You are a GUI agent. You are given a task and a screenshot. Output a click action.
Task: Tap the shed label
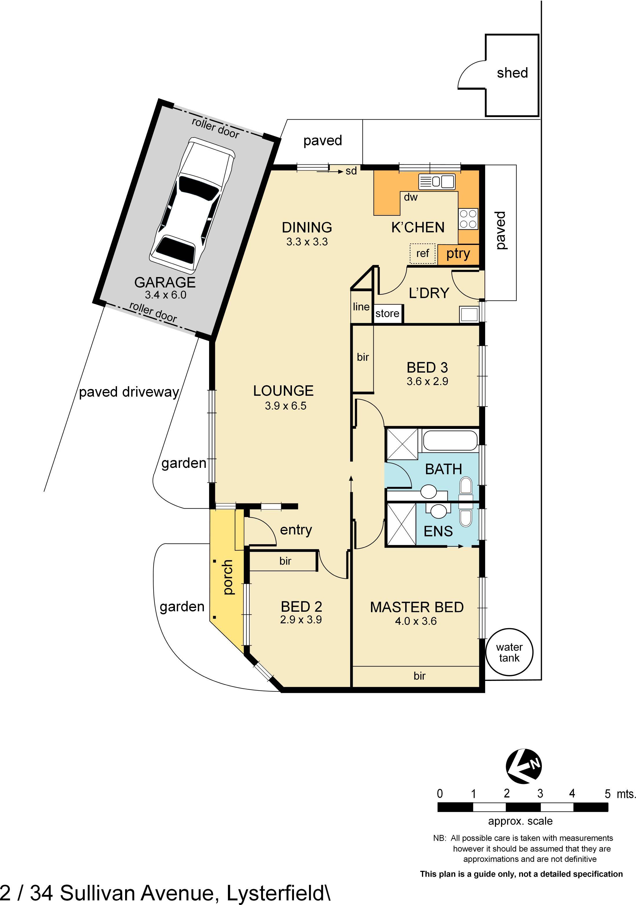[x=512, y=73]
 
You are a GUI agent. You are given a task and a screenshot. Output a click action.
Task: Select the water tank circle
[x=509, y=652]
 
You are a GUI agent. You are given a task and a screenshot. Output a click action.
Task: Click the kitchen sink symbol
[x=436, y=182]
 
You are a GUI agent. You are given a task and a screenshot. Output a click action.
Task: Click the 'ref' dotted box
[x=422, y=253]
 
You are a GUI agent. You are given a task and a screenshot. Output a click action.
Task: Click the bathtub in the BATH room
[x=450, y=440]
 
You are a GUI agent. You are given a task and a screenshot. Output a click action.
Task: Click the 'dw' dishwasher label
[x=410, y=197]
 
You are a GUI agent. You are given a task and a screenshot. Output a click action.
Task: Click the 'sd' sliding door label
[x=351, y=171]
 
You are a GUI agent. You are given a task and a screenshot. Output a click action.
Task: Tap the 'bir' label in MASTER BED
[x=419, y=676]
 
